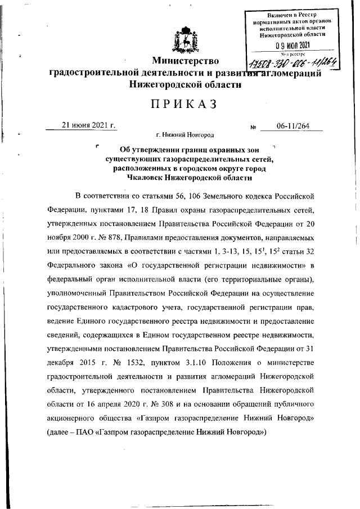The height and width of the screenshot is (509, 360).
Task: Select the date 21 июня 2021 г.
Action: tap(88, 126)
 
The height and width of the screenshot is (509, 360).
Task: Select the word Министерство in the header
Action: tap(186, 61)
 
